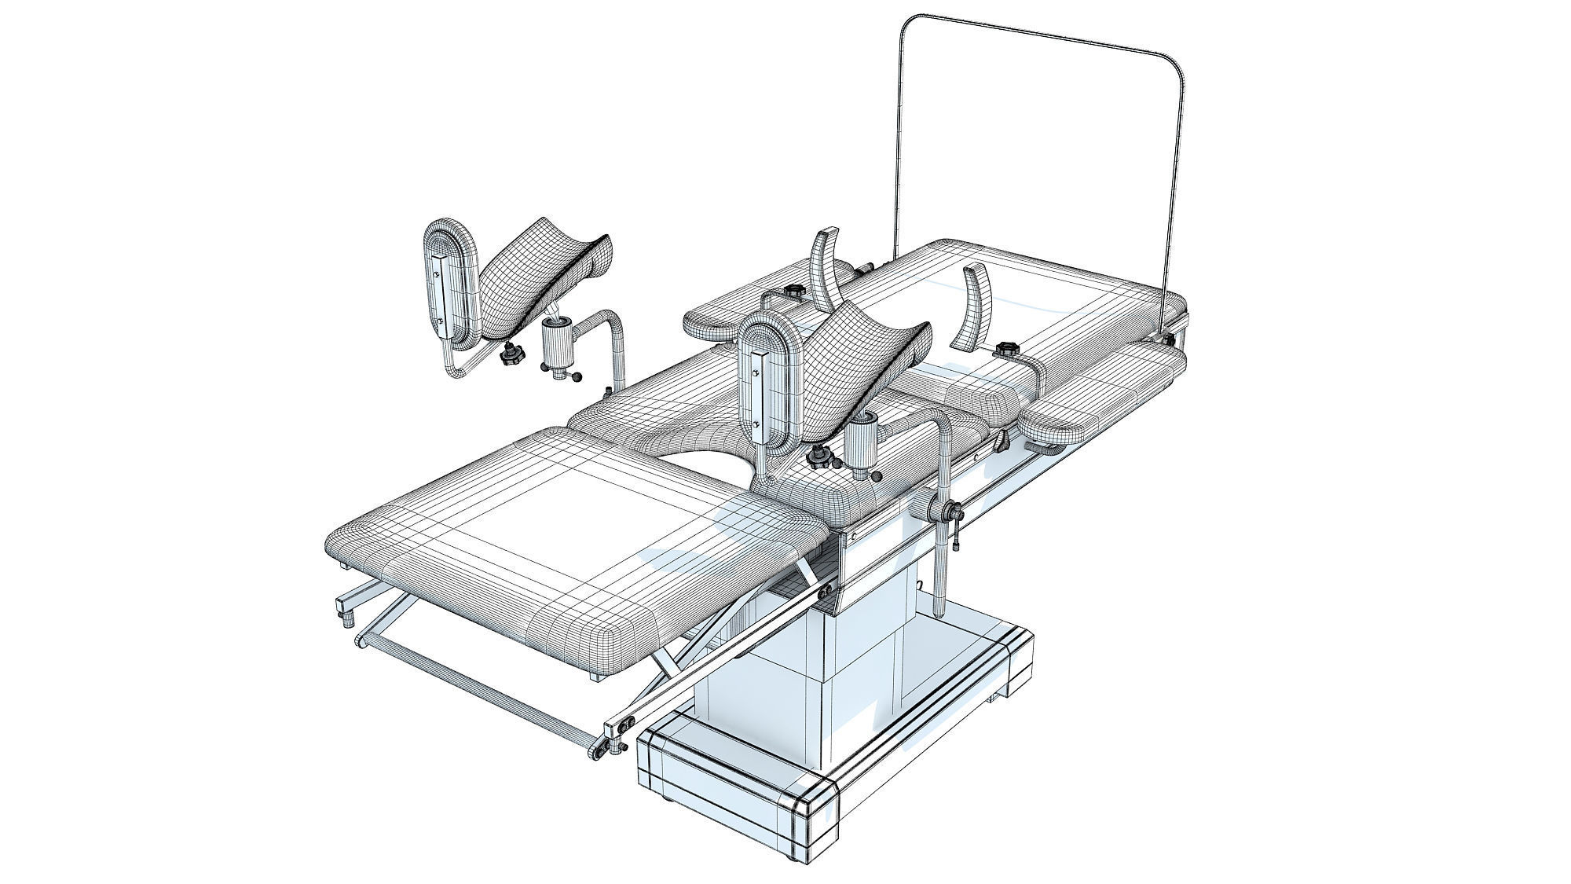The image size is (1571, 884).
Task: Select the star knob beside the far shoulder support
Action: click(795, 292)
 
